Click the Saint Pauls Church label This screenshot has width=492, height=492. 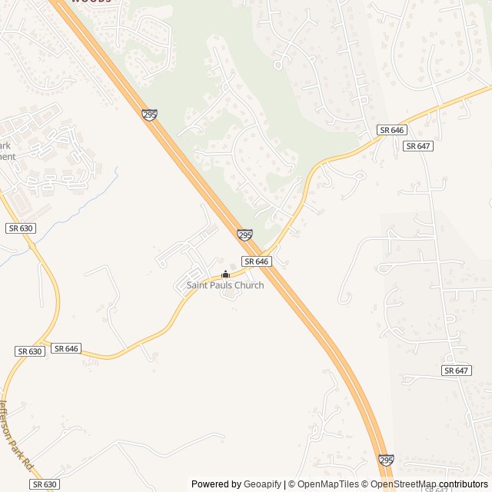(225, 285)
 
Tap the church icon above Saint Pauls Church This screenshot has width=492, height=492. (225, 274)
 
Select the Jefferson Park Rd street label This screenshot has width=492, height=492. (16, 435)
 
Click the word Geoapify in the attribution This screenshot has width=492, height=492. (262, 484)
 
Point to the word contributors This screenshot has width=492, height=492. (464, 484)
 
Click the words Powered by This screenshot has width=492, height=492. (216, 484)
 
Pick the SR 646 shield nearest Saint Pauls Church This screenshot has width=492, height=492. (258, 261)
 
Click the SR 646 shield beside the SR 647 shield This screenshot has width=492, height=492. (391, 130)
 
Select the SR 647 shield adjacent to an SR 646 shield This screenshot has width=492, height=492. (417, 146)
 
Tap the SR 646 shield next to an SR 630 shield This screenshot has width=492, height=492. (66, 348)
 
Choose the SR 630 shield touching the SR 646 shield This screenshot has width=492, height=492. (29, 351)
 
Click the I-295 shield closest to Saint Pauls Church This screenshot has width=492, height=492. (244, 234)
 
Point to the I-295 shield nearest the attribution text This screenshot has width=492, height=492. (386, 460)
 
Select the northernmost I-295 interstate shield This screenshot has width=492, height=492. (149, 115)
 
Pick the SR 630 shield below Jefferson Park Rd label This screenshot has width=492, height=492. (45, 484)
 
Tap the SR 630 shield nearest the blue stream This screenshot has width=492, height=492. (20, 228)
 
